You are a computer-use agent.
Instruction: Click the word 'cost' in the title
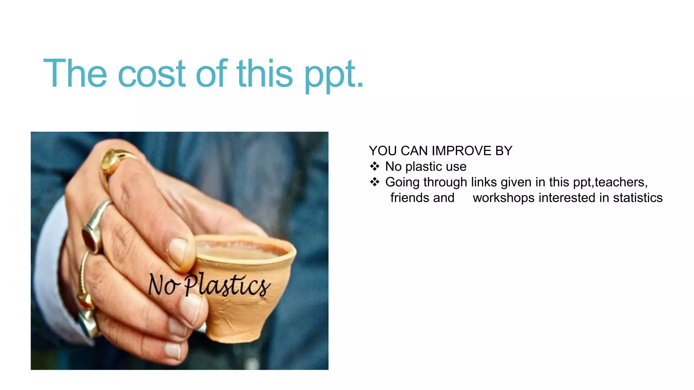tap(152, 73)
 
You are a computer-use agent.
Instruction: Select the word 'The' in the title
tap(75, 73)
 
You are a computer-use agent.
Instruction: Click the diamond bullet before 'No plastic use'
tap(374, 166)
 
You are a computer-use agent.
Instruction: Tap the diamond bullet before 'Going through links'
tap(374, 182)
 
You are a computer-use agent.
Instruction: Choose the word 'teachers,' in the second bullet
tap(621, 182)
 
